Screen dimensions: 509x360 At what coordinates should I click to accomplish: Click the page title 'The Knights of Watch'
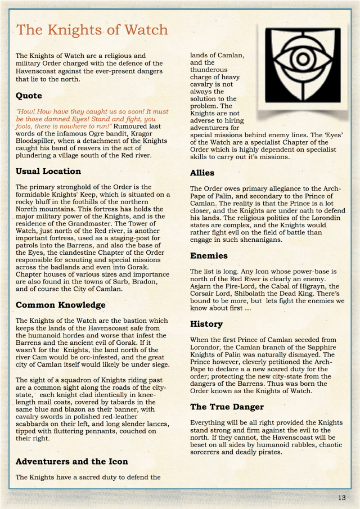92,30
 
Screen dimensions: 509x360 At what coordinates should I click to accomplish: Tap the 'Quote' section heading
29,96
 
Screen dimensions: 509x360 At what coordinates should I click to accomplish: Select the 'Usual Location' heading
48,171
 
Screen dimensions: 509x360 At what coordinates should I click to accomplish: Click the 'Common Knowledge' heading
61,305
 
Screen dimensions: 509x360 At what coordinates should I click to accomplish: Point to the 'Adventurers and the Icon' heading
72,461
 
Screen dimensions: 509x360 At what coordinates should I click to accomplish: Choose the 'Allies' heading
202,173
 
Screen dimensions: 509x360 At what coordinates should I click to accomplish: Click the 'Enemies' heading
209,256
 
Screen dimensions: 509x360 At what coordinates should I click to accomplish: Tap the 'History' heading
206,324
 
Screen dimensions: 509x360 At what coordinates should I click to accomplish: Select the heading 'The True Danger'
227,407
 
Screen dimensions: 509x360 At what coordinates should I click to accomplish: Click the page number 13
342,498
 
